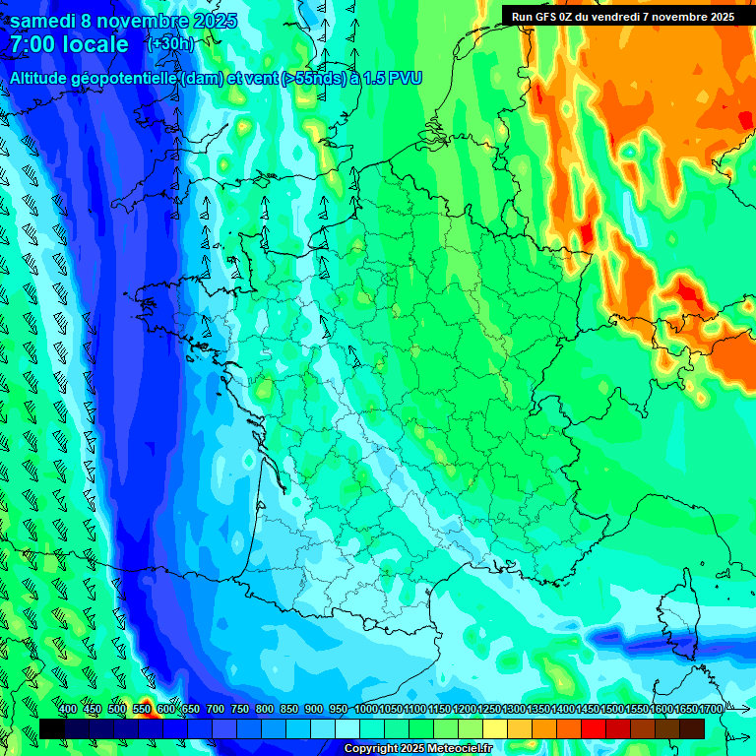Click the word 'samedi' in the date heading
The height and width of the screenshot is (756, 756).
point(44,21)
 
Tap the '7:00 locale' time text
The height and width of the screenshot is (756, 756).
point(69,44)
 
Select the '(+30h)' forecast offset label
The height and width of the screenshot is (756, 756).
point(170,44)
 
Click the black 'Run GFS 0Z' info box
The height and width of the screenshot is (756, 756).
point(622,16)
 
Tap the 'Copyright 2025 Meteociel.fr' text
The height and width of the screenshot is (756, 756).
point(417,749)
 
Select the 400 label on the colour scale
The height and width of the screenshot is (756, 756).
point(68,710)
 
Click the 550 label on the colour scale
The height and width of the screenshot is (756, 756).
point(142,710)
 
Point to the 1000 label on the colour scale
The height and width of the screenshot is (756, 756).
point(365,710)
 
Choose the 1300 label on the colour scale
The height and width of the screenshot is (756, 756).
point(513,710)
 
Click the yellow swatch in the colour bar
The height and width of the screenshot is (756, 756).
point(496,728)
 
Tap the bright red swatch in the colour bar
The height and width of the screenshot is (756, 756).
point(594,728)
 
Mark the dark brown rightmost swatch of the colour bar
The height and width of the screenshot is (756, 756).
point(692,728)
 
